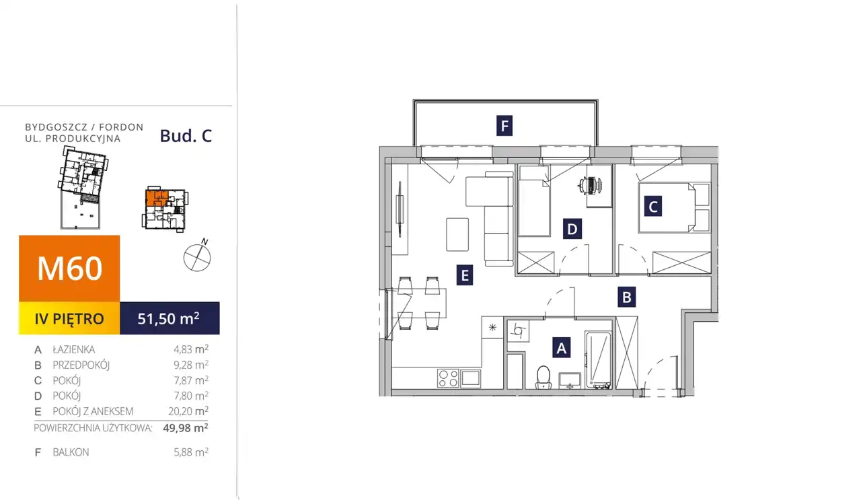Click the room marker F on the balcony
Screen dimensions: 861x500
504,125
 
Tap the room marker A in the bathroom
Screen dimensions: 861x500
561,347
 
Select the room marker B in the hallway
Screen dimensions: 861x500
626,297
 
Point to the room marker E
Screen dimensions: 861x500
465,275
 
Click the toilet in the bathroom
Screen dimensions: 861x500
544,378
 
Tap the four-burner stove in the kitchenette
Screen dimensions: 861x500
448,378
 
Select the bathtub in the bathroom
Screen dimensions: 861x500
599,359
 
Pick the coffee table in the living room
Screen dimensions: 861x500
457,235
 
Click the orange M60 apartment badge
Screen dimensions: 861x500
69,269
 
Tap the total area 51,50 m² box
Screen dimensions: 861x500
170,318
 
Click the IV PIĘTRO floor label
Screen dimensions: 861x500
69,318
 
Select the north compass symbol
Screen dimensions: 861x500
198,256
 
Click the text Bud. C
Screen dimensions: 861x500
186,136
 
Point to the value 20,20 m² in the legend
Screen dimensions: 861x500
188,410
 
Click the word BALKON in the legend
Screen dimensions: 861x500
71,452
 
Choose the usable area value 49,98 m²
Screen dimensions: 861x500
186,428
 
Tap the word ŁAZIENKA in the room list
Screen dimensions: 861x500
74,350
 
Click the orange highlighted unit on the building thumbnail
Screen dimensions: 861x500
157,198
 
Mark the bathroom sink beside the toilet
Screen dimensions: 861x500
570,381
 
